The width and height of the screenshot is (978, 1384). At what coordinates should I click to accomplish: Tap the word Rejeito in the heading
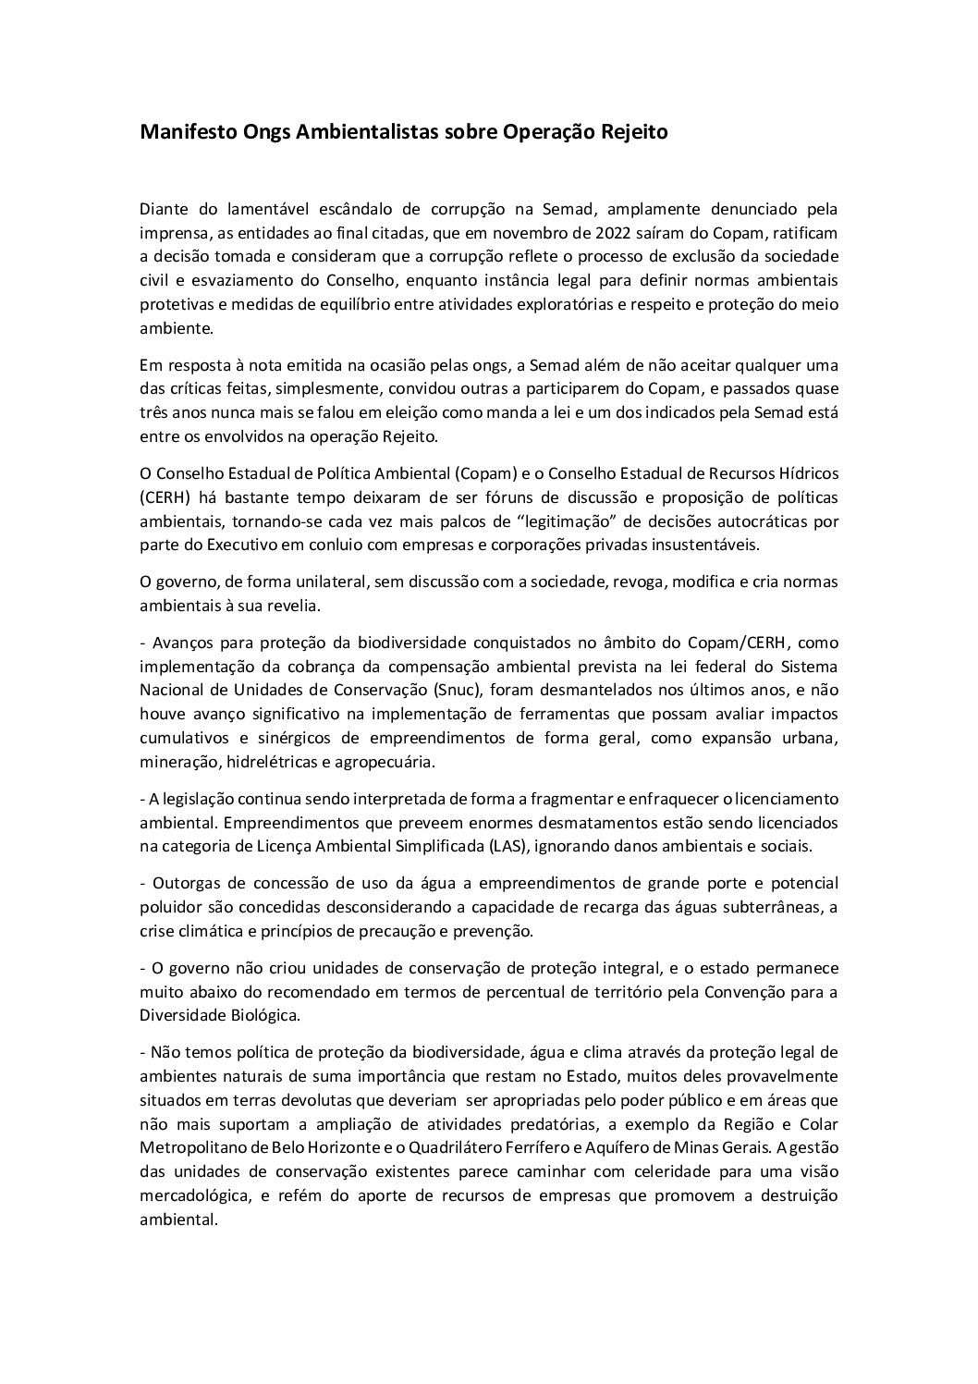pyautogui.click(x=632, y=132)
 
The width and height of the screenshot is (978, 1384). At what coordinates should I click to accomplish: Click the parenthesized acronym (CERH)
pyautogui.click(x=165, y=497)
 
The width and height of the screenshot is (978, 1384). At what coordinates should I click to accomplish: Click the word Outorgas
pyautogui.click(x=181, y=884)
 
